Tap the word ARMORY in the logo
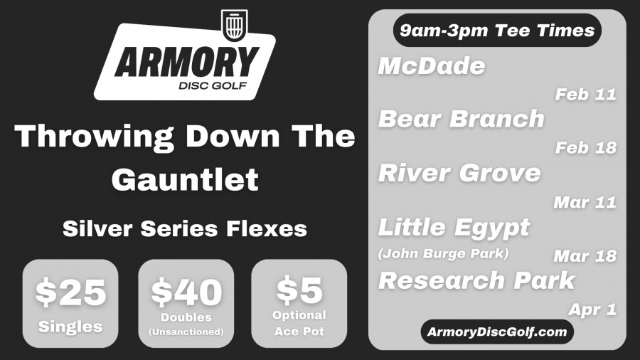tap(187, 62)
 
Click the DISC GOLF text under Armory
tap(213, 85)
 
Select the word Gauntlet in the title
tap(185, 179)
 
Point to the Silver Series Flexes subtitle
tap(184, 228)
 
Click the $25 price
tap(70, 292)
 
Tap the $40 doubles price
tap(186, 292)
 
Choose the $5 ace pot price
tap(299, 290)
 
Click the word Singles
tap(70, 327)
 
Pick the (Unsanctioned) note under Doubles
tap(186, 332)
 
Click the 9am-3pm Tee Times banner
tap(497, 31)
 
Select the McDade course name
tap(432, 65)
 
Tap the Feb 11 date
tap(585, 95)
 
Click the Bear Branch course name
tap(462, 119)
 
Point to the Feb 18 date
tap(585, 148)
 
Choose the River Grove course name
tap(459, 173)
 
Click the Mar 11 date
tap(585, 203)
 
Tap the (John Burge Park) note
tap(443, 253)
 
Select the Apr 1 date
tap(592, 309)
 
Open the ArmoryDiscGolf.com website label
tap(497, 332)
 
